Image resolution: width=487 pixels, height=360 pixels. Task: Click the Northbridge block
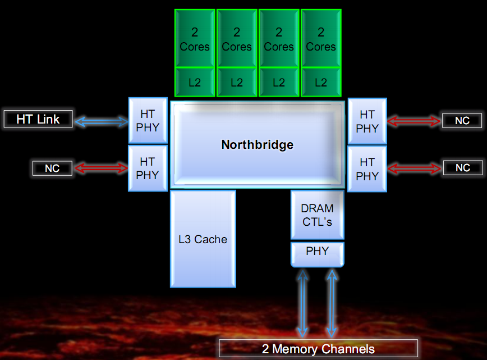(x=257, y=144)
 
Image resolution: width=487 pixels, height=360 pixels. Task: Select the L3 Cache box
(x=203, y=239)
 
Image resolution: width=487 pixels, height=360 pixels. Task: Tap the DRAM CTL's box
(x=317, y=215)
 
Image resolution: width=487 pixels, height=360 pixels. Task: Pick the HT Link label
(x=38, y=120)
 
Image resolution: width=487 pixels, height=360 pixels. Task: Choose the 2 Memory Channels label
(x=318, y=349)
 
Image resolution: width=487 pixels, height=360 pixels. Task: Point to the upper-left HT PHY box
(x=148, y=121)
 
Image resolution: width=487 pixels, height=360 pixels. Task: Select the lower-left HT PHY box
(x=148, y=168)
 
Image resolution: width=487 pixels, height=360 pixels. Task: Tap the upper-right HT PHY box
(x=367, y=121)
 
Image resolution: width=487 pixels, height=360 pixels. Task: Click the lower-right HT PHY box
(x=367, y=169)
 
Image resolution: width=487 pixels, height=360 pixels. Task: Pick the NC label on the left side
(x=52, y=168)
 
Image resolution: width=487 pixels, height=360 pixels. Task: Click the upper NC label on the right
(x=462, y=121)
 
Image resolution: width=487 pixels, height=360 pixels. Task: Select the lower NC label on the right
(x=462, y=168)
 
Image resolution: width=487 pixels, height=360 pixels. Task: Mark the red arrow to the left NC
(x=102, y=168)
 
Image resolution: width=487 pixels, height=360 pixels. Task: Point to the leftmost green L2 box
(x=195, y=82)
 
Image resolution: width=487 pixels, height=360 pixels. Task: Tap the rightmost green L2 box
(x=321, y=82)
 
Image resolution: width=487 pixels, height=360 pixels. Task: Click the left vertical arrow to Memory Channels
(x=303, y=303)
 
